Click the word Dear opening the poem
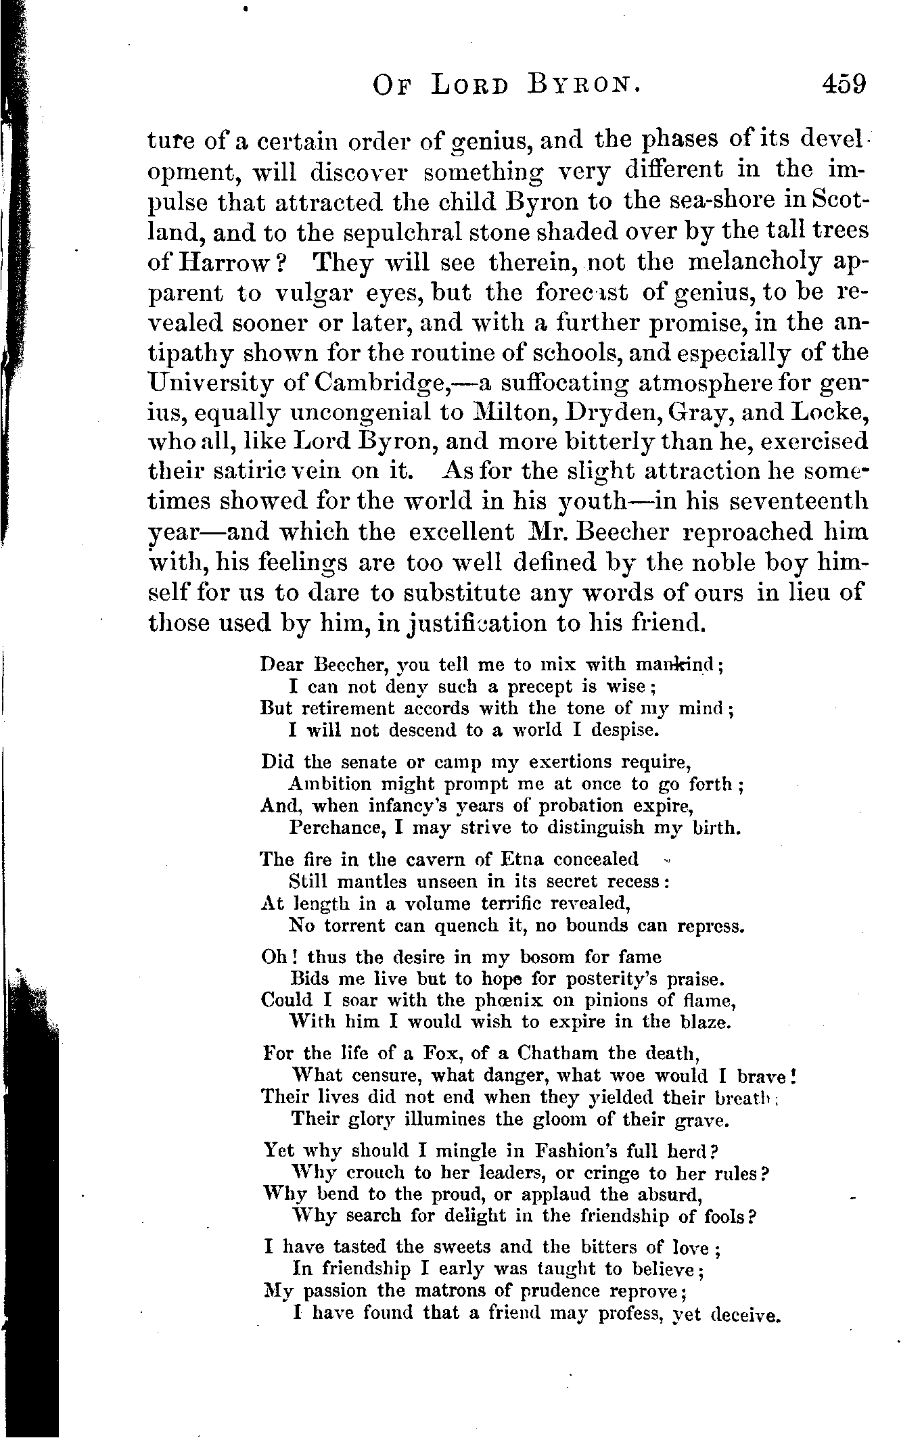281,664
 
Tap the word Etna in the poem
520,860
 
